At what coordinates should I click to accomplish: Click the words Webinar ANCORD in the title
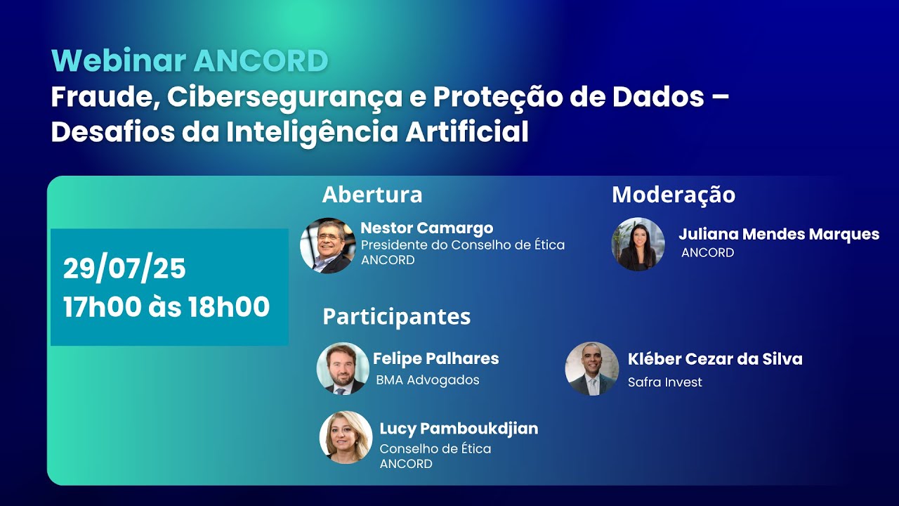pos(190,61)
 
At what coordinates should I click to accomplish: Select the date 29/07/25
pos(124,268)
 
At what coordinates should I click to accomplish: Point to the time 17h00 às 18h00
pos(166,307)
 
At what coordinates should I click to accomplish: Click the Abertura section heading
pos(372,195)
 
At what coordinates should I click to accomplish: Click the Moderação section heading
pos(674,195)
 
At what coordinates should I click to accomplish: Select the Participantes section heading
pos(396,317)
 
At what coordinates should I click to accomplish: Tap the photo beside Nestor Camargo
pos(327,245)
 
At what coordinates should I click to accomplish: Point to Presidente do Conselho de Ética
pos(462,245)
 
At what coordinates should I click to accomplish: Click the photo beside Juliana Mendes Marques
pos(638,244)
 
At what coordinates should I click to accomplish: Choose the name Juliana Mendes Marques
pos(778,234)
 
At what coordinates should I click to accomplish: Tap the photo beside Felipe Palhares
pos(343,369)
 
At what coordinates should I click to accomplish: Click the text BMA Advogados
pos(428,380)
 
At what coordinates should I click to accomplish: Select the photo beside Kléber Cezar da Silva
pos(591,369)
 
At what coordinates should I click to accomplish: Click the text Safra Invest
pos(664,382)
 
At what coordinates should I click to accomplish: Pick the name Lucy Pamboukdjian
pos(459,429)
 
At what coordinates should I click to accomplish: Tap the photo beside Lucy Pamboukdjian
pos(346,437)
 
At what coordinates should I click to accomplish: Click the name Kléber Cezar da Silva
pos(714,359)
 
